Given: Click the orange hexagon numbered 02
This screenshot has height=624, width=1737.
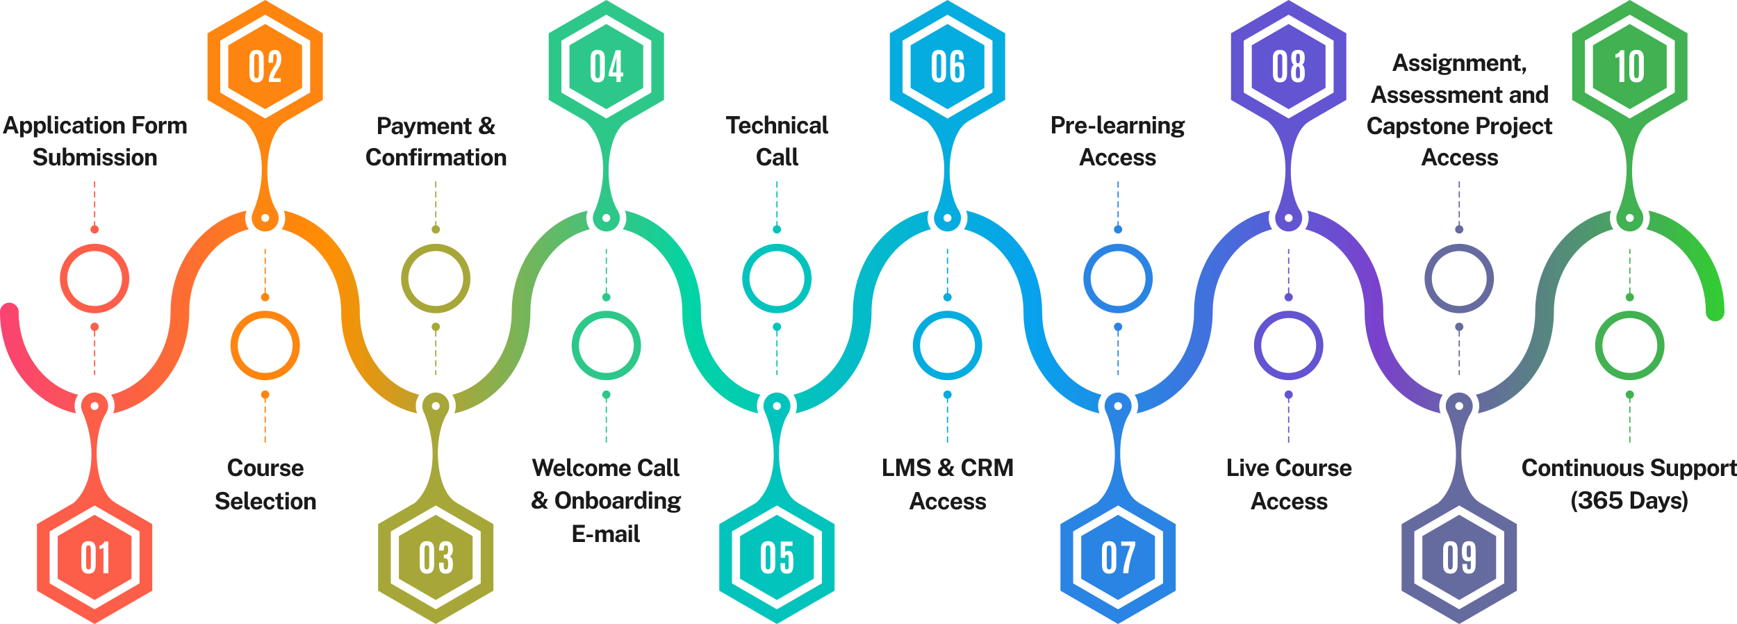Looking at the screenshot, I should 265,66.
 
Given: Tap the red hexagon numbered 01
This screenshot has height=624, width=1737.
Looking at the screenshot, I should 94,558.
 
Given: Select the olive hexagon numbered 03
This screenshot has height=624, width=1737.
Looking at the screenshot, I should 436,558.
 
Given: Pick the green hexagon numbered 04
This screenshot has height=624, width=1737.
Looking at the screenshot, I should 606,66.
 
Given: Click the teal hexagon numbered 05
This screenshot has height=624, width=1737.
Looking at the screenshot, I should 777,558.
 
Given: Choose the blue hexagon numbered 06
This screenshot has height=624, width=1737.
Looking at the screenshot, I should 947,66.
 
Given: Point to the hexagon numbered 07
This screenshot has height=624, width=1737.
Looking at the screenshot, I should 1118,558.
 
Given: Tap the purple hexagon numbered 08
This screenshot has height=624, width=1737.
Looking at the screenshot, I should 1288,66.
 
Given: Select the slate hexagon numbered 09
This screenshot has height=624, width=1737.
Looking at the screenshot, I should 1459,558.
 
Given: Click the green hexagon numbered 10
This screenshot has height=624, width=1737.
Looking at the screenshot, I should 1629,66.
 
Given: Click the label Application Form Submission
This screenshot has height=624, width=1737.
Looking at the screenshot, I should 95,141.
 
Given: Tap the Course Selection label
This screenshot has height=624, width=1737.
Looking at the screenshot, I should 265,484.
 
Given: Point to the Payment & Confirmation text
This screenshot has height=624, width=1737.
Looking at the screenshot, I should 436,141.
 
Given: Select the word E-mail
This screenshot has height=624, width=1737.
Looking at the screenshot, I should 606,534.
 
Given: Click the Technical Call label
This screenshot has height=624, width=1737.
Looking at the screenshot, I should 777,141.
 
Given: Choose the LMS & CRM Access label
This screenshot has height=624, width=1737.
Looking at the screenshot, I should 948,484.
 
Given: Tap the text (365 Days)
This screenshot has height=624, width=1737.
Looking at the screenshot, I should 1629,500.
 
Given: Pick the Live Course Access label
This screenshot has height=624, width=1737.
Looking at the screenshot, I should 1289,484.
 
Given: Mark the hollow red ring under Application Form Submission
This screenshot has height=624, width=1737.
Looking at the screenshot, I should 94,279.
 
